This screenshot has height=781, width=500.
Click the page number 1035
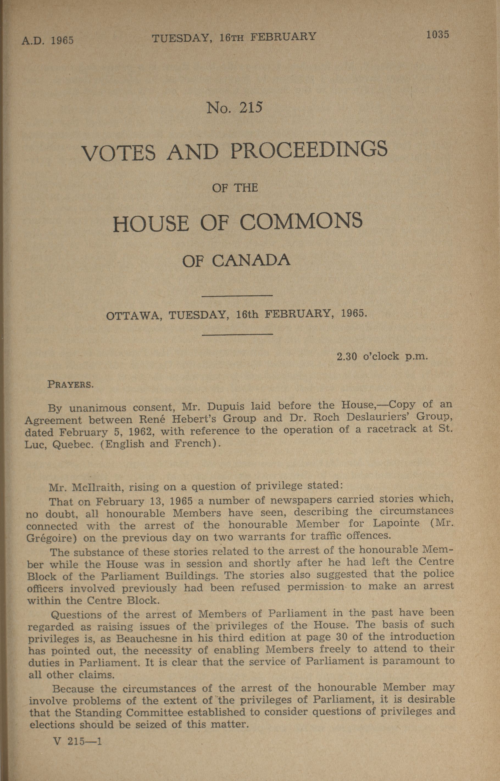pos(437,35)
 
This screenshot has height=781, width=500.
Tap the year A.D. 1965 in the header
pos(48,40)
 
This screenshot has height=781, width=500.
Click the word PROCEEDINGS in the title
pos(309,150)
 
